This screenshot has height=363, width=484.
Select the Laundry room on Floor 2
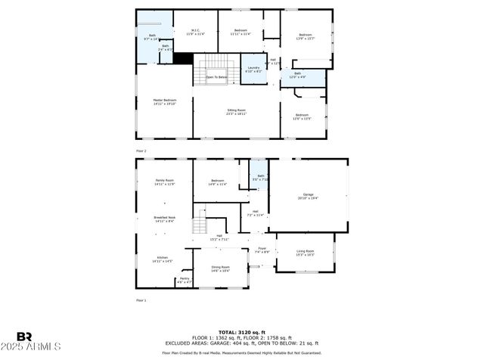(x=254, y=69)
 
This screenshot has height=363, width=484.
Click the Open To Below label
(x=217, y=76)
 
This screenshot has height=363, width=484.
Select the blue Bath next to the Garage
(x=260, y=178)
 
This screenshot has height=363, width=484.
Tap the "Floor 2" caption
(x=141, y=151)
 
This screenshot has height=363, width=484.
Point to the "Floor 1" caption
(x=141, y=300)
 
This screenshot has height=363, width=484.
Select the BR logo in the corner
(x=24, y=337)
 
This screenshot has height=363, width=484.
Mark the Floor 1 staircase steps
(x=200, y=225)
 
